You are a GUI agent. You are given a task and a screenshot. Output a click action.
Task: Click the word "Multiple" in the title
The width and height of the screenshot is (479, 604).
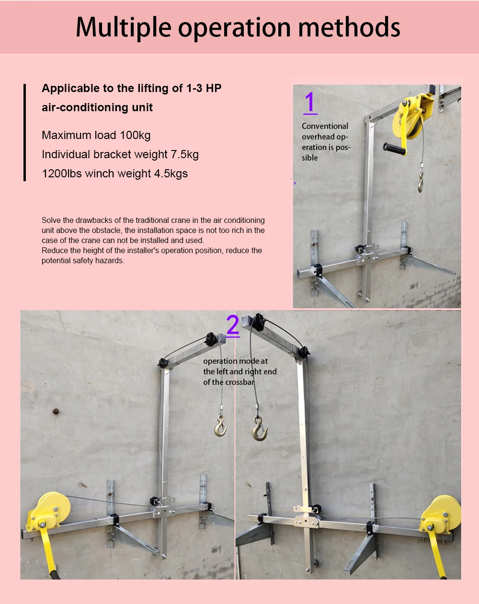pyautogui.click(x=124, y=27)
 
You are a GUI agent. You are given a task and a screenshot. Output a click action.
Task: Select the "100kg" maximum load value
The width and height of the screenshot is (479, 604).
pyautogui.click(x=135, y=135)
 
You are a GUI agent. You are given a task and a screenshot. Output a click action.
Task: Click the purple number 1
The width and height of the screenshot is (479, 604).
pyautogui.click(x=310, y=103)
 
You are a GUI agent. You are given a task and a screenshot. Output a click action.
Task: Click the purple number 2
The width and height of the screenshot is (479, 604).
pyautogui.click(x=233, y=325)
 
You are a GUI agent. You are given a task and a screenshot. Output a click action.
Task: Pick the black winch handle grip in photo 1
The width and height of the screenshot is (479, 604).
pyautogui.click(x=394, y=149)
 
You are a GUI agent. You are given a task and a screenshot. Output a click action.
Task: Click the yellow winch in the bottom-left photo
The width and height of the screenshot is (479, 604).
pyautogui.click(x=48, y=511)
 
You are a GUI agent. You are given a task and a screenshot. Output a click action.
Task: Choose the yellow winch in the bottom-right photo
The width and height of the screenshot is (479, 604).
pyautogui.click(x=440, y=515)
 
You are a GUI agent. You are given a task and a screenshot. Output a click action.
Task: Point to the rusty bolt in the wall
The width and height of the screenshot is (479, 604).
pyautogui.click(x=56, y=411)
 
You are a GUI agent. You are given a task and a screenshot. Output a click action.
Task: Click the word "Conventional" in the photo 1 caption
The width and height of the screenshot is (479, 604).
pyautogui.click(x=325, y=126)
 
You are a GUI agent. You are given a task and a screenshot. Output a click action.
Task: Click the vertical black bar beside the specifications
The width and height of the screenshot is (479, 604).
pyautogui.click(x=25, y=132)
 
